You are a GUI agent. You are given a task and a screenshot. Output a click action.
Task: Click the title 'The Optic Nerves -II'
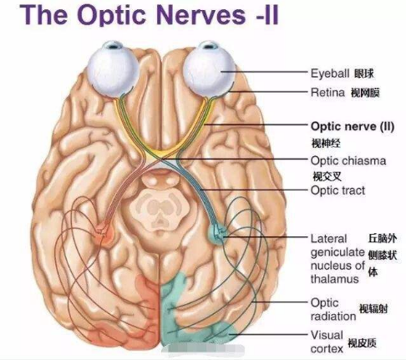150,14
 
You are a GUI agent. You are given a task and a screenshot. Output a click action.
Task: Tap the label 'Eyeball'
330,74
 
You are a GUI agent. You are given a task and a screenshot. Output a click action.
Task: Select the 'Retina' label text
327,92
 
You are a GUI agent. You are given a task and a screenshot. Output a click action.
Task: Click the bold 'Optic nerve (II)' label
353,127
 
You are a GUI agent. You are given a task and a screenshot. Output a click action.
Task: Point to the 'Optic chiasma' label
348,160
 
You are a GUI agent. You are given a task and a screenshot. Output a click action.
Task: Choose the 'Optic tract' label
337,190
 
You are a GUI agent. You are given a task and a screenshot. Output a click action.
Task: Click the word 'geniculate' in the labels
337,253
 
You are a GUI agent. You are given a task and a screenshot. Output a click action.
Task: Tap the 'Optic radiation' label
333,309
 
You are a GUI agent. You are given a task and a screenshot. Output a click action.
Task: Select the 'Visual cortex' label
327,342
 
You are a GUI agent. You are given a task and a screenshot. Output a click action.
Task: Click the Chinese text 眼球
364,74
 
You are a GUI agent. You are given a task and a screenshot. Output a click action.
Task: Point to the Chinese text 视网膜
365,93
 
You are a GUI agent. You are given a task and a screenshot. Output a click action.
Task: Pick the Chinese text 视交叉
327,176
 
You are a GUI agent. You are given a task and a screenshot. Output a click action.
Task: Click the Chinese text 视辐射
373,308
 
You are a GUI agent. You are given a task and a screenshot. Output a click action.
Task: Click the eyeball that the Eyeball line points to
209,69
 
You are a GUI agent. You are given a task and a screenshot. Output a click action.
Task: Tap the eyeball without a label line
113,69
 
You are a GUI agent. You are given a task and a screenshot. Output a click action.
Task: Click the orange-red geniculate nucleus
104,233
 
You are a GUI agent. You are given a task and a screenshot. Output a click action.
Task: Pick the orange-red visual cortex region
140,312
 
